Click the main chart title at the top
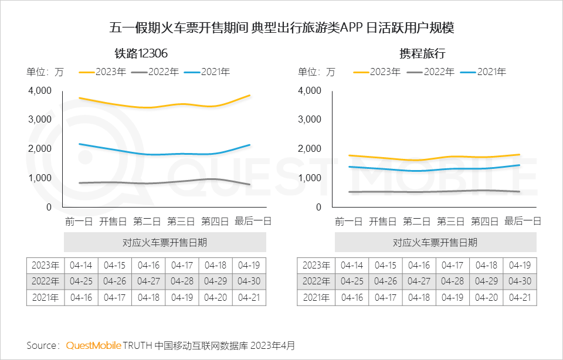[x=281, y=28]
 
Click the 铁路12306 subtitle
[x=141, y=53]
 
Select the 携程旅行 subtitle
[x=422, y=53]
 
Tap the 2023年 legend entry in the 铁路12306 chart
[x=103, y=72]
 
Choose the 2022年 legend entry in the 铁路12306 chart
[x=156, y=72]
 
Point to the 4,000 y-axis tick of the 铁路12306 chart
[x=40, y=91]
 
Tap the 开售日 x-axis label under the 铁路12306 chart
[x=113, y=221]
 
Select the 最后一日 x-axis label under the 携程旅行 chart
[x=523, y=221]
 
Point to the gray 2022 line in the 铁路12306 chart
[x=147, y=183]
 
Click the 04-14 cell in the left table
[x=81, y=265]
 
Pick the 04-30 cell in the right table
[x=520, y=281]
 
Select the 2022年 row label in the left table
[x=45, y=281]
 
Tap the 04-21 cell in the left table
[x=249, y=297]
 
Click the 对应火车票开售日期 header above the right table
[x=435, y=242]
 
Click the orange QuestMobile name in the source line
[x=94, y=345]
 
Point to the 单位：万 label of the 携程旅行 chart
[x=317, y=72]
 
